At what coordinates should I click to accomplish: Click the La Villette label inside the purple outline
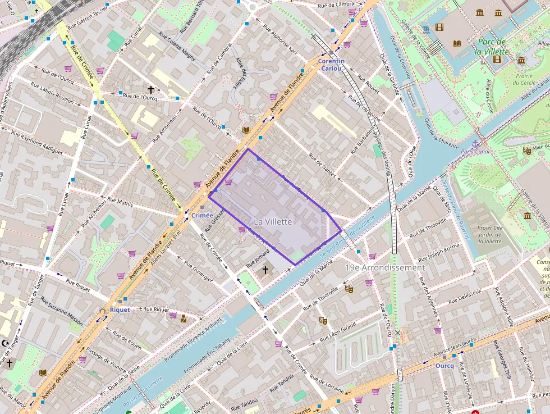273,222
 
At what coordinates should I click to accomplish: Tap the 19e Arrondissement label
385,268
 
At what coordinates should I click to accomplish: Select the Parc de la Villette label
491,47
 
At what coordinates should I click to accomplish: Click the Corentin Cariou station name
331,64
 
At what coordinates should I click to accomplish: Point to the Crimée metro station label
202,215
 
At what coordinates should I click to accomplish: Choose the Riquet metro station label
120,310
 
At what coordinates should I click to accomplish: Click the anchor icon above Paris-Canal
475,144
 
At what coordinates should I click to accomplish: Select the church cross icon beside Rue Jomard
265,270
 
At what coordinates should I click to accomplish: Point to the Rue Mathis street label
120,202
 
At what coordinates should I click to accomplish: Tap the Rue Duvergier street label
195,269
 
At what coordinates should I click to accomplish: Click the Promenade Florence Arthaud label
193,334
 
